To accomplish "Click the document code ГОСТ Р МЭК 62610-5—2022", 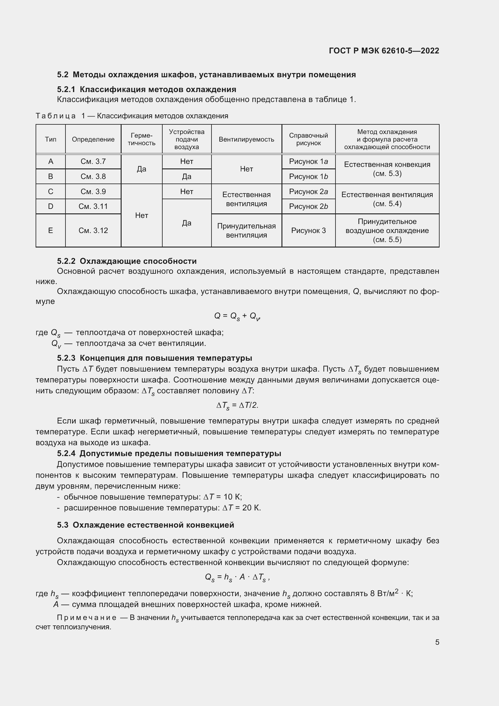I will coord(384,51).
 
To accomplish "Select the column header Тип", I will coord(51,139).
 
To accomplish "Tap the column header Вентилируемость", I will coord(246,139).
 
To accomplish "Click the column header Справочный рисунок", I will coord(309,139).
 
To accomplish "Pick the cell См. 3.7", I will coord(93,161).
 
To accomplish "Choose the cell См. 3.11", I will coord(93,206).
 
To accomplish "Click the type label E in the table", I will coord(51,230).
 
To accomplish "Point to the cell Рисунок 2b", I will coord(309,206).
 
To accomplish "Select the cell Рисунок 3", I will coord(309,230).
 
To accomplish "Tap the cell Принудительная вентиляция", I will coord(246,230).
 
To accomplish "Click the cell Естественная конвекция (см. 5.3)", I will coord(387,169).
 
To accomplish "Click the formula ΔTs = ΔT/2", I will coord(237,406).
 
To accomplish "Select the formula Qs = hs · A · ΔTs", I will coord(237,577).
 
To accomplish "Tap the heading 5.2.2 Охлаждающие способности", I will coord(127,261).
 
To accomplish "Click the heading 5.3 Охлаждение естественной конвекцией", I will coord(145,525).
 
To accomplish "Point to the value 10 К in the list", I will coord(233,497).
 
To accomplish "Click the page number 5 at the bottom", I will coord(437,642).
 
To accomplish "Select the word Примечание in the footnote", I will coord(87,618).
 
